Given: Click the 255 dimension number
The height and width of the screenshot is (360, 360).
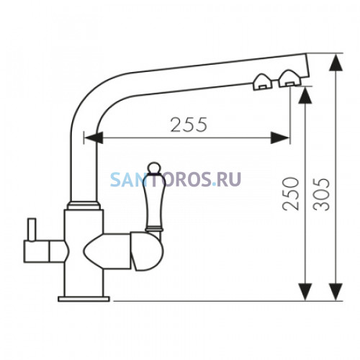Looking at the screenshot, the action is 189,125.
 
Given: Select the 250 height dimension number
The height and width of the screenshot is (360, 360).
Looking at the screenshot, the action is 291,194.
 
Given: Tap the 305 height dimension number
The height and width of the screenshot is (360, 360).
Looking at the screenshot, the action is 322,194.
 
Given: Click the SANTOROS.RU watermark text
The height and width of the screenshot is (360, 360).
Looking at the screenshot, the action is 176,179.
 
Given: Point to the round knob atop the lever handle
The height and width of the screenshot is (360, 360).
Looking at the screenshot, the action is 153,168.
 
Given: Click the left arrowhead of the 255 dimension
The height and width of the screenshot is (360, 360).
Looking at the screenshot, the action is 94,138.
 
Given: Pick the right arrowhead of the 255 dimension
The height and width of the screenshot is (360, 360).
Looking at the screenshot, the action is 280,138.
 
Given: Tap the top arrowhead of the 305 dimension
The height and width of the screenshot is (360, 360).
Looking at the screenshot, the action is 336,63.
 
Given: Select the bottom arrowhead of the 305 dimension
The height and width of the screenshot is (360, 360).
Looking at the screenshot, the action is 336,292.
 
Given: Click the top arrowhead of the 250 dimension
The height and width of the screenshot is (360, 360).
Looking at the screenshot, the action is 305,95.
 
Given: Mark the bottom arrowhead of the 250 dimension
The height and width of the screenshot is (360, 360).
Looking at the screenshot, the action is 305,292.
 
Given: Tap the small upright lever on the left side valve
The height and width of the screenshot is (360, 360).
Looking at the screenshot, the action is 32,230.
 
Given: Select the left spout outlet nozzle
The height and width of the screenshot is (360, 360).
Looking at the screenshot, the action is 263,82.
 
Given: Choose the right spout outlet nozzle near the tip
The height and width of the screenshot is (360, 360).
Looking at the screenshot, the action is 289,78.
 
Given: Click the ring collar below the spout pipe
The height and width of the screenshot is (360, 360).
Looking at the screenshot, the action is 84,205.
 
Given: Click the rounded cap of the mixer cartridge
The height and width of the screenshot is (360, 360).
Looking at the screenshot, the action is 143,251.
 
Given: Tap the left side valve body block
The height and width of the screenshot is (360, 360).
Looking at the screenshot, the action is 45,251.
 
